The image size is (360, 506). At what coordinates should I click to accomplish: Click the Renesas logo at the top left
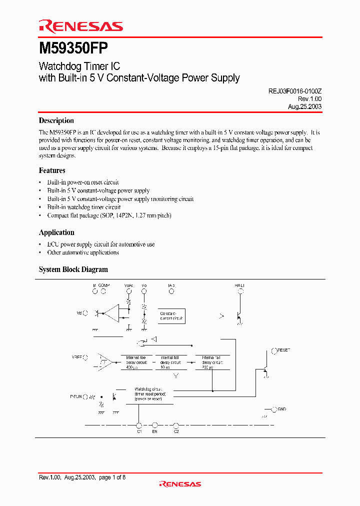coord(80,26)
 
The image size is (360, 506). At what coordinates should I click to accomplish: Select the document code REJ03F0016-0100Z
coord(291,91)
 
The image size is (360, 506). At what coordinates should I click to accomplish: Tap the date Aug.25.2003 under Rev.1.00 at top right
coord(304,106)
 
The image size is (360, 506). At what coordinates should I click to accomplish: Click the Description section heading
coord(56,120)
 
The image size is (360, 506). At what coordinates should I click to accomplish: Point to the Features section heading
coord(52,170)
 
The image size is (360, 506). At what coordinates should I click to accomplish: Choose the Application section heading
coord(56,232)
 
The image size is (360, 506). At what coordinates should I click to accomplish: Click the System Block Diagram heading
coord(73,269)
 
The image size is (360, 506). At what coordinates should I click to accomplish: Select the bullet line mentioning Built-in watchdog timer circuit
coord(83,207)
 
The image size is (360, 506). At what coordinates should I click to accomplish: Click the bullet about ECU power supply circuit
coord(100,244)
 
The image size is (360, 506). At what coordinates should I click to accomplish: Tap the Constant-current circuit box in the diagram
coord(171,315)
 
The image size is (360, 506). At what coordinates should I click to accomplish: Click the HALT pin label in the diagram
coord(239,285)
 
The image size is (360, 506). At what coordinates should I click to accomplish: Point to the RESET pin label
coord(283,350)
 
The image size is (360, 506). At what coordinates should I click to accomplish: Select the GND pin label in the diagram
coord(282,409)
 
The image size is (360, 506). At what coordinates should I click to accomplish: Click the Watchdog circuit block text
coord(147,393)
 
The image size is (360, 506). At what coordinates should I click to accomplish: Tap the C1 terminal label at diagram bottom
coord(139,431)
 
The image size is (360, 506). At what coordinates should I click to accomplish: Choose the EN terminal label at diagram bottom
coord(155,431)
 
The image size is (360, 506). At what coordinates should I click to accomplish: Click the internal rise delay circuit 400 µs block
coord(136,362)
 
